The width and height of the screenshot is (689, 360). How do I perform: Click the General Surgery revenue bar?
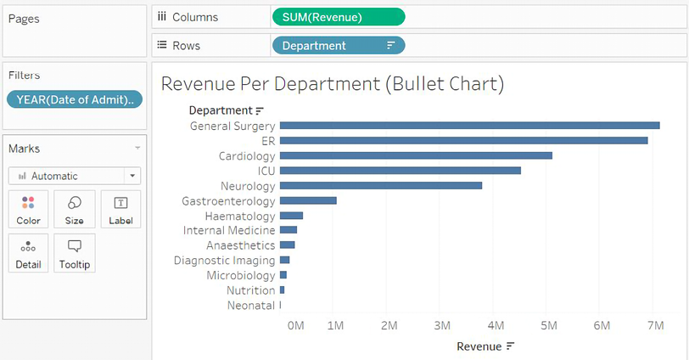coord(469,126)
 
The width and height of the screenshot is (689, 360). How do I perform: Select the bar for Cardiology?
coord(416,155)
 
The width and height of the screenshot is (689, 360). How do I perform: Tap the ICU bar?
coord(400,171)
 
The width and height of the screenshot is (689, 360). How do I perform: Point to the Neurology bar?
coord(380,185)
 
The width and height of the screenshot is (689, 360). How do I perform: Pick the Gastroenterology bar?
coord(308,200)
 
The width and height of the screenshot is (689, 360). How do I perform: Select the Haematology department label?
coord(240,216)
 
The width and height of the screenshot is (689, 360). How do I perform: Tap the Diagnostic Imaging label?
coord(225,261)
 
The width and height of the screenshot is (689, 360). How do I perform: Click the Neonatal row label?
coord(251,305)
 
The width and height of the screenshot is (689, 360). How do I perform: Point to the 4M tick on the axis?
coord(496,325)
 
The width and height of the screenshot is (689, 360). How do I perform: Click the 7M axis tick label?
coord(654,325)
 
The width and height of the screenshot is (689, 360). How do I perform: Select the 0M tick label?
coord(295,325)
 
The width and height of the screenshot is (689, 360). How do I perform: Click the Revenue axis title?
coord(479,346)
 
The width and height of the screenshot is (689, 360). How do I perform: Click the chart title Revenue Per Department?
coord(333,84)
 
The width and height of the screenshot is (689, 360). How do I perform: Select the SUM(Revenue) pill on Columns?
coord(339,17)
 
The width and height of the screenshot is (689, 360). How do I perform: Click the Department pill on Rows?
coord(339,46)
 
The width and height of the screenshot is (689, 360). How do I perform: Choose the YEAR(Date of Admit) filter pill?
coord(74,99)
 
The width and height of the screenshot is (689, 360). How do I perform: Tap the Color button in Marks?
coord(28,209)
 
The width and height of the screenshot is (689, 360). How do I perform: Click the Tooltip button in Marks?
coord(75,253)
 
